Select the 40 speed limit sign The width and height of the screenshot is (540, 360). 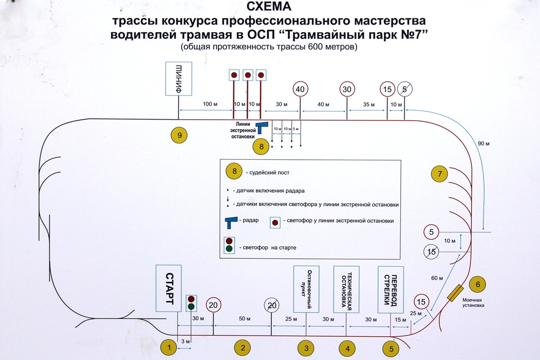300,89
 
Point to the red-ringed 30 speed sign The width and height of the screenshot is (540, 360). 346,89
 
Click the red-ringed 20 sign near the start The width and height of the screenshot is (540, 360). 213,305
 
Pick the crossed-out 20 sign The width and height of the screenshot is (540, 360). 272,305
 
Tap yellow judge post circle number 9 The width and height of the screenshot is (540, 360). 179,135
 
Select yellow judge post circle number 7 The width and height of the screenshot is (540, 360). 439,174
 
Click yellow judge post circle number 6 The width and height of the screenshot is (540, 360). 478,284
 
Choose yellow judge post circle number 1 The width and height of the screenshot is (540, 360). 169,347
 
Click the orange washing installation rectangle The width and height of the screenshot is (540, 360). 455,293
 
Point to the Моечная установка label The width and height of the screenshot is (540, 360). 473,303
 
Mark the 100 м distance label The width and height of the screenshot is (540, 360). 210,104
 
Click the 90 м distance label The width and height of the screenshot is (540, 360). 484,143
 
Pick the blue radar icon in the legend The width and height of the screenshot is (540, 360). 231,222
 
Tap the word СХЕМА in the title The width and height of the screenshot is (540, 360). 269,6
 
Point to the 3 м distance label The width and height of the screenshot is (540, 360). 185,342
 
